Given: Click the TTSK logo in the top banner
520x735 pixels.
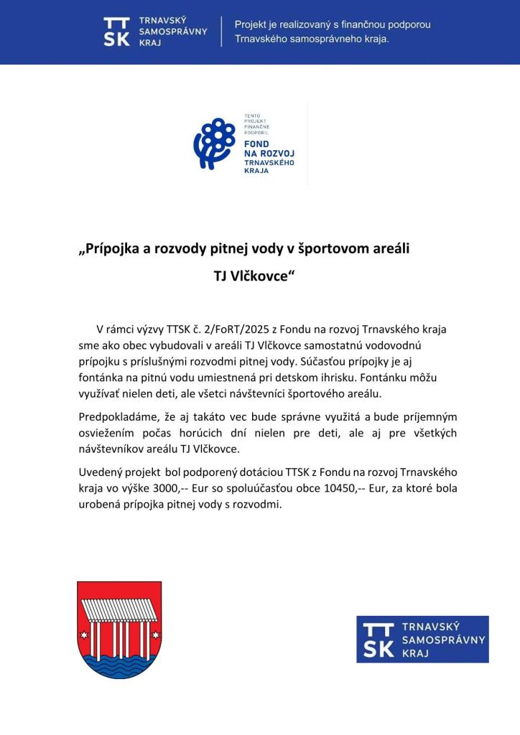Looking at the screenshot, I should tap(155, 32).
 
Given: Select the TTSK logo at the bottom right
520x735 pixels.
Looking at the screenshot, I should tap(422, 639).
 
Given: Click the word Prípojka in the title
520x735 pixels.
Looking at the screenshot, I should tap(112, 249).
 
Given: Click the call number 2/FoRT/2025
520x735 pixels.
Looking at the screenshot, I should tap(220, 329).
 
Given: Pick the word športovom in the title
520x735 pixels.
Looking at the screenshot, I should tap(335, 249).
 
